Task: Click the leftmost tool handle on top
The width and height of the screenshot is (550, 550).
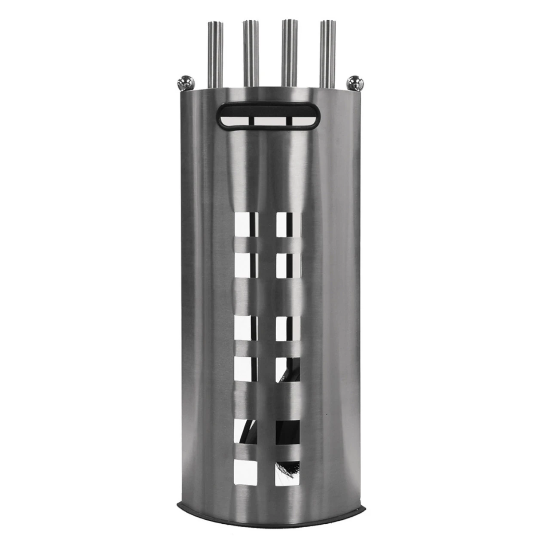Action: (x=215, y=54)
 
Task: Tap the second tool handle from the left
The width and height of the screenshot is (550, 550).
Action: (x=250, y=54)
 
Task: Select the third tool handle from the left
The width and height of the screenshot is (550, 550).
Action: (x=289, y=54)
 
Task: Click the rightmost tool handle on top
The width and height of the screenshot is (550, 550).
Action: (x=327, y=54)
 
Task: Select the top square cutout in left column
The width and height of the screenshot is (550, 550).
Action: (x=247, y=224)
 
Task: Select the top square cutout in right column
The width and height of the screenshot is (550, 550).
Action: (x=288, y=224)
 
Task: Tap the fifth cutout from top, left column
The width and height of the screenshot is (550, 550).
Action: (x=247, y=431)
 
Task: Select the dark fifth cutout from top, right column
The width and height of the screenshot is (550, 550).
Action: (x=288, y=431)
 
